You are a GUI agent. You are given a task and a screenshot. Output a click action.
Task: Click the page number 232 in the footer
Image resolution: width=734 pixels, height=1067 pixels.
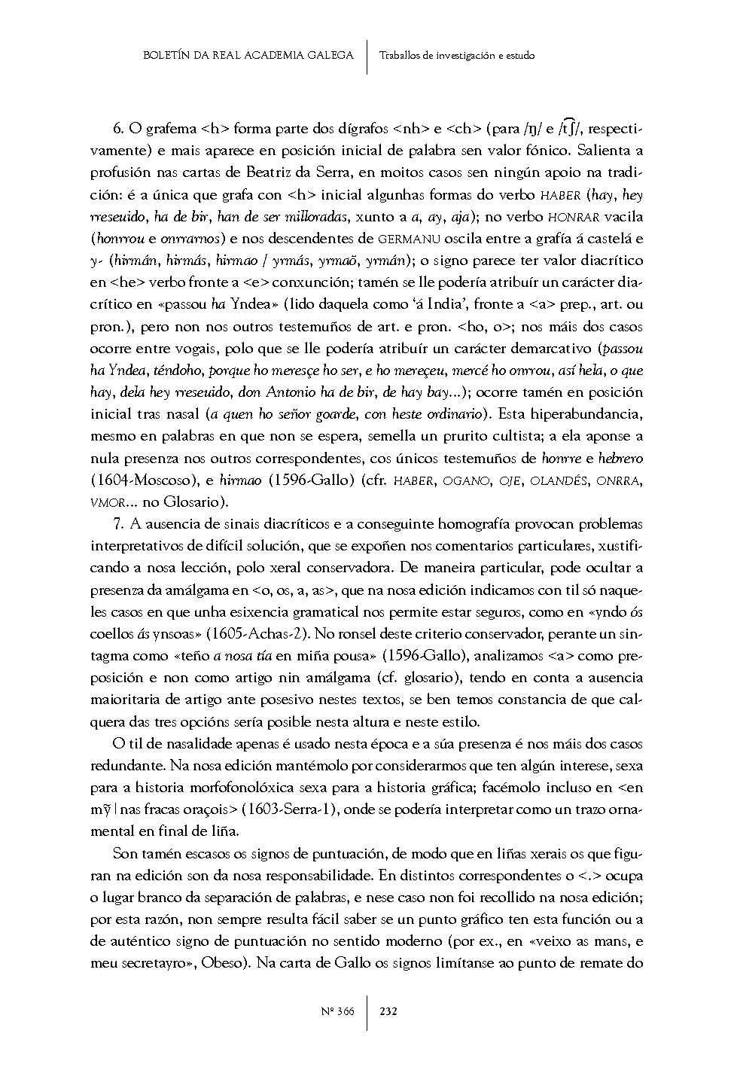(x=388, y=1011)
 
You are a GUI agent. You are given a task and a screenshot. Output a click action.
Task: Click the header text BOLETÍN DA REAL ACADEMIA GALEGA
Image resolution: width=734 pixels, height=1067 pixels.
(x=248, y=55)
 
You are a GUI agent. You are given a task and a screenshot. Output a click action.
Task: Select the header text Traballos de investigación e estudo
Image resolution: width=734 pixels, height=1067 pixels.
(x=457, y=55)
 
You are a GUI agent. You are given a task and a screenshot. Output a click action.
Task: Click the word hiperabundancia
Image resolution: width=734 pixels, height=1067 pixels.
(x=578, y=414)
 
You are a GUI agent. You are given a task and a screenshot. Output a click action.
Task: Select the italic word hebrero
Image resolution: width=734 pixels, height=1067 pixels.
(x=621, y=458)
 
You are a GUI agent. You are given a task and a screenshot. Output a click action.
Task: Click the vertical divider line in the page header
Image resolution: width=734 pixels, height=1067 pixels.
(x=367, y=56)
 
